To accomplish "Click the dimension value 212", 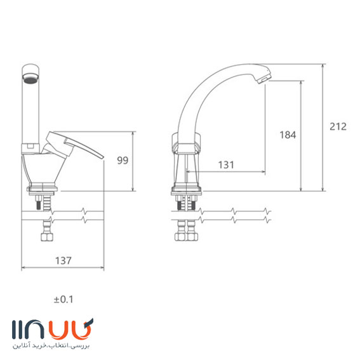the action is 338,126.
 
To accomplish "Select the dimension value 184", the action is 288,135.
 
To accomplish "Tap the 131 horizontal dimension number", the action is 226,164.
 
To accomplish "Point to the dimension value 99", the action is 123,160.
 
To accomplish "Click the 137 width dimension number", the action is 63,260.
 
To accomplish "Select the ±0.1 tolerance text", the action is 63,300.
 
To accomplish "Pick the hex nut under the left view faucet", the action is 47,237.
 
